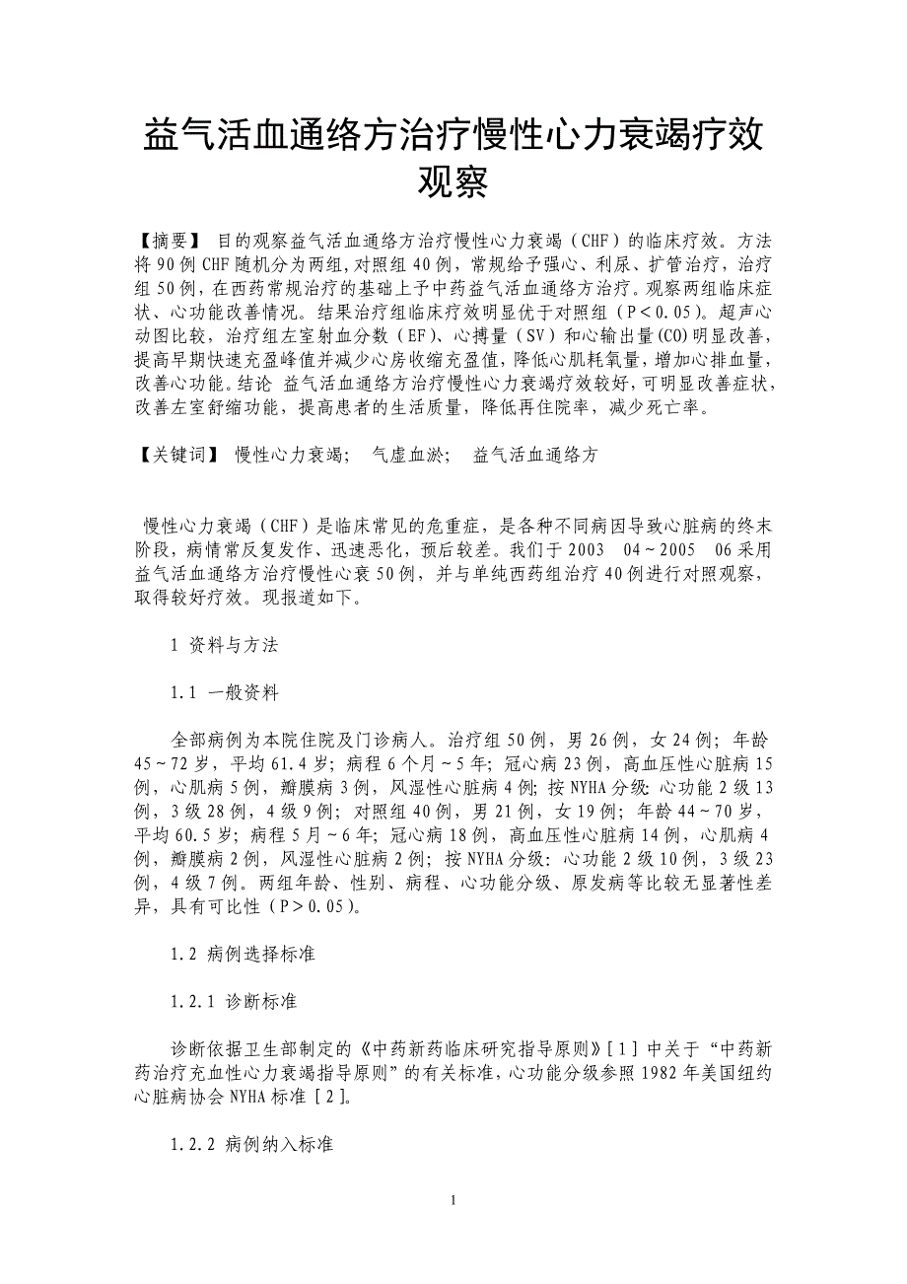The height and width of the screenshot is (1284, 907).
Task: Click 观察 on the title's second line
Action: click(x=453, y=183)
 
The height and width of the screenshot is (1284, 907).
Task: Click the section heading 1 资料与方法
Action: click(x=225, y=645)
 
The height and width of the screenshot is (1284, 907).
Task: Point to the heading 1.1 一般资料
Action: click(x=225, y=692)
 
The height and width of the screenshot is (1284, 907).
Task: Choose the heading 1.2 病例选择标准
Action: click(x=243, y=954)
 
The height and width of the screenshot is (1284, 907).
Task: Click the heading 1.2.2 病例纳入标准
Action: click(x=251, y=1144)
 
